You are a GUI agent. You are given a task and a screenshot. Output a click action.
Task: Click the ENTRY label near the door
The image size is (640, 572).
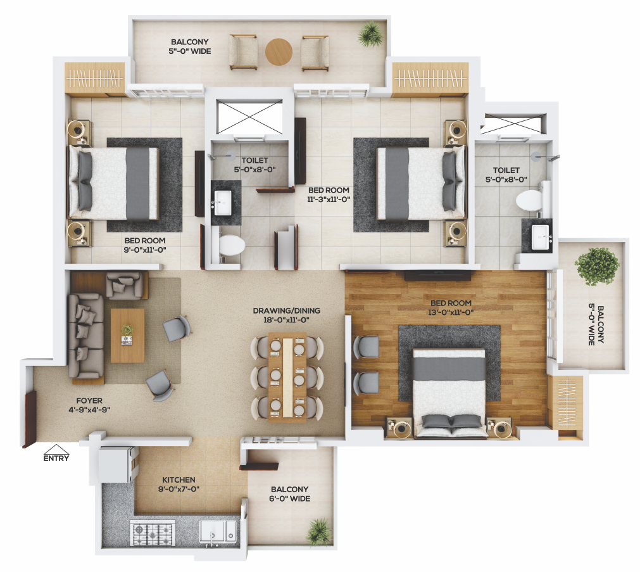coord(56,458)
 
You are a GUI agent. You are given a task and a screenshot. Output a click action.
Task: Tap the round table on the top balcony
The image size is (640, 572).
coord(279,52)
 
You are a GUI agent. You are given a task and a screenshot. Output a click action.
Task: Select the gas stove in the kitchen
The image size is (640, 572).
coord(152,533)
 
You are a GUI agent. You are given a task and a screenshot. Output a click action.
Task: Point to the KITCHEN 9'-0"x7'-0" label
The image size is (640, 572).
coord(179,484)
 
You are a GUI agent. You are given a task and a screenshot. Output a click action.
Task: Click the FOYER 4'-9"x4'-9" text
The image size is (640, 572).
coord(89,405)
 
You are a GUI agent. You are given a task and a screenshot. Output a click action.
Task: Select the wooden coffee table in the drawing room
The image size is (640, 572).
coord(127,336)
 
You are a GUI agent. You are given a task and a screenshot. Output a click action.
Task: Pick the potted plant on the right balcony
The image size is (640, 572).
coord(596,266)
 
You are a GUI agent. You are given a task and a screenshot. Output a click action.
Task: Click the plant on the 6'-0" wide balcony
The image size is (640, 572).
coord(319,531)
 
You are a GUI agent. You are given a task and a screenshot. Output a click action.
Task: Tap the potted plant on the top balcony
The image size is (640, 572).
coord(371,34)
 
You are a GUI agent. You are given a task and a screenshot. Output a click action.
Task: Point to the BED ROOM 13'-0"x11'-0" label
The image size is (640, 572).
coord(451,308)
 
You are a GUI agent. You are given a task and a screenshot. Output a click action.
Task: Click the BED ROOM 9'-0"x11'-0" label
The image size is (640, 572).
coord(145,245)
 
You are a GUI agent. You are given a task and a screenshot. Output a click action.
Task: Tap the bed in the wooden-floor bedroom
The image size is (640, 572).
coord(449,393)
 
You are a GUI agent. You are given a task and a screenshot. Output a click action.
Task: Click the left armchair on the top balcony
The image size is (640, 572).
coord(243,53)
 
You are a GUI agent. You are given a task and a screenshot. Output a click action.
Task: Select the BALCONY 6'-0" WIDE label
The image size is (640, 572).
coord(290,493)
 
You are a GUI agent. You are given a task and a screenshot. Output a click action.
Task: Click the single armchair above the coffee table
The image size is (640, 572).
coord(127,285)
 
